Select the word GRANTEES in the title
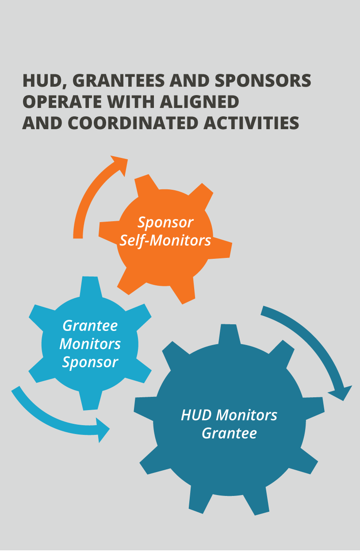(x=119, y=81)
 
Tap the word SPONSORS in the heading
(x=263, y=81)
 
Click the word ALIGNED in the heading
(x=199, y=102)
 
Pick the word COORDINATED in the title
(x=133, y=123)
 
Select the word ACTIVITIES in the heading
(x=251, y=123)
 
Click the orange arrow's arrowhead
(x=120, y=165)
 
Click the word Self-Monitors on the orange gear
(x=165, y=241)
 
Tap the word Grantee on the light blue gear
(x=90, y=326)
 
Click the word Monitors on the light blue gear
(x=90, y=344)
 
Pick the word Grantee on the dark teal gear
(x=229, y=433)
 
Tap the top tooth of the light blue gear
(x=90, y=286)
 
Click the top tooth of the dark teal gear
(x=229, y=334)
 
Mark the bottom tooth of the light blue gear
(x=90, y=400)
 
